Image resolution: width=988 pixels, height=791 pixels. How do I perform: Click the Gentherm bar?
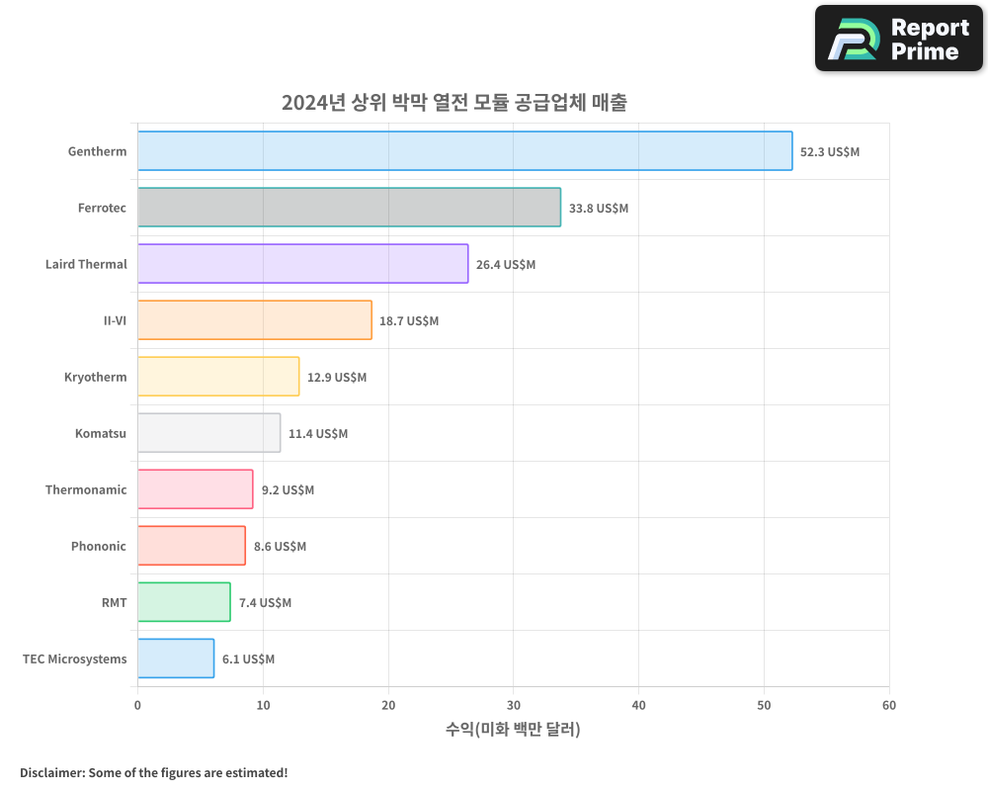tap(464, 151)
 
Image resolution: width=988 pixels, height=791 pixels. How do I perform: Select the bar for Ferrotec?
tap(349, 208)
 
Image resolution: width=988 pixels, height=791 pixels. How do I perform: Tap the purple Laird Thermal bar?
tap(302, 264)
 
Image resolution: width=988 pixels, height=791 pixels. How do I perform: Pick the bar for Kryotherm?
tap(218, 377)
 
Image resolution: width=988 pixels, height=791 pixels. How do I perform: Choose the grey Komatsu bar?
tap(208, 433)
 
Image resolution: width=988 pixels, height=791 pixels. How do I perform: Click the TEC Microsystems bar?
tap(176, 659)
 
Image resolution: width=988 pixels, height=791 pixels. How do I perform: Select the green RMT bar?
tap(184, 602)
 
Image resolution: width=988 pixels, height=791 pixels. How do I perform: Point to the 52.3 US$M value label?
tap(830, 152)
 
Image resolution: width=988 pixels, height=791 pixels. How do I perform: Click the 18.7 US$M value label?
tap(409, 321)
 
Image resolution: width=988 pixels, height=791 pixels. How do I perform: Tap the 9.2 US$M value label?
tap(288, 490)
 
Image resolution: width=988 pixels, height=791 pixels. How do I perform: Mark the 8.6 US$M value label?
tap(280, 547)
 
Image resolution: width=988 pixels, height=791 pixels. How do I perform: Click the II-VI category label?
tap(115, 321)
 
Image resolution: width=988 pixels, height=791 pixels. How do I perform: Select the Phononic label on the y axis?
tap(99, 547)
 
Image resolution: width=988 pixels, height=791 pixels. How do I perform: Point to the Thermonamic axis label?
tap(86, 490)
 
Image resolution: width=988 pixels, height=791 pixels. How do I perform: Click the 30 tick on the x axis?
tap(513, 705)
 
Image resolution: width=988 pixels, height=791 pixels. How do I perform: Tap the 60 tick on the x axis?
tap(888, 705)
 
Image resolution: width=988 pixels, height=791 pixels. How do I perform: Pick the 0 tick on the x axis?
tap(137, 705)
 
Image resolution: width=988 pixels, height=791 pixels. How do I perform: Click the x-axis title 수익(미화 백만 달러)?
tap(513, 730)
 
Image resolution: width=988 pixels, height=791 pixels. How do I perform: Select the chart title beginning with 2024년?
tap(453, 103)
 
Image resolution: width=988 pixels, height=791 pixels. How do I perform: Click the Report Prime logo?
tap(898, 39)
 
